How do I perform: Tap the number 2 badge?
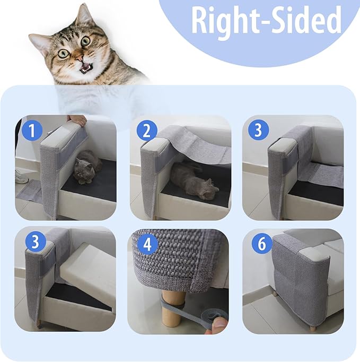[146, 130]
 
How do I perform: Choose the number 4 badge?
[146, 245]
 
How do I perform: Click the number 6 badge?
[259, 245]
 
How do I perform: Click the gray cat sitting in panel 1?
[87, 168]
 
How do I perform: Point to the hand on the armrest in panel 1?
[77, 120]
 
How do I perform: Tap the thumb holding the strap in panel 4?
[216, 323]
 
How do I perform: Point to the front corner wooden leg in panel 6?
[313, 329]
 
